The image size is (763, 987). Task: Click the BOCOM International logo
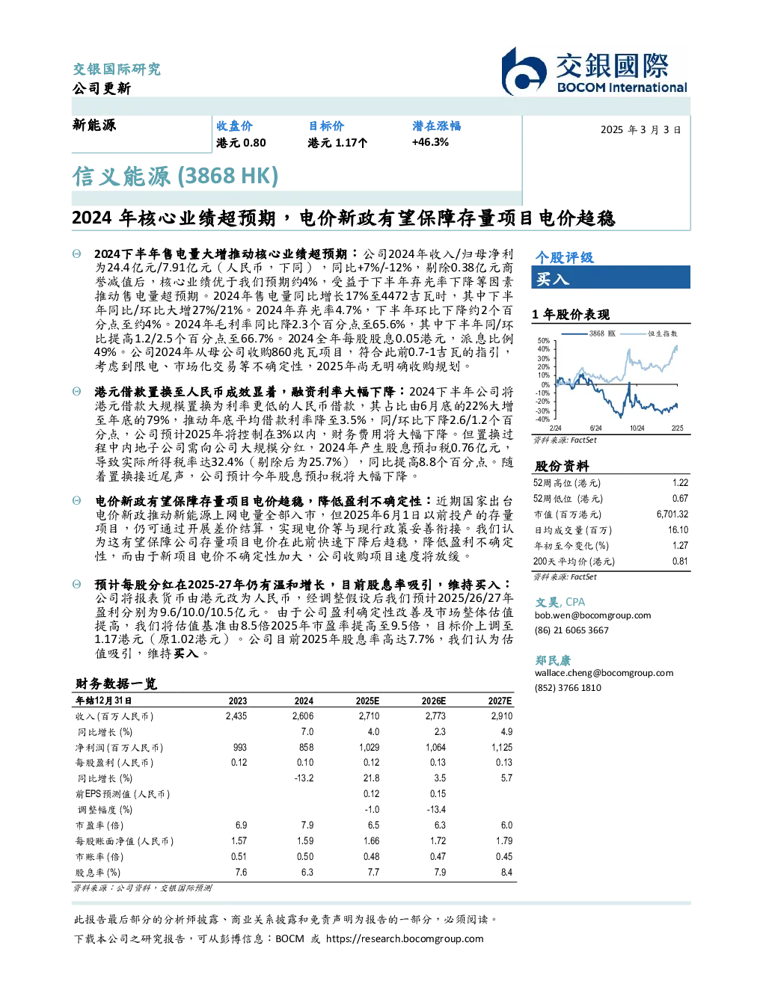tap(594, 71)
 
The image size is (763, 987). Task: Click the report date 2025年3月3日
tap(640, 130)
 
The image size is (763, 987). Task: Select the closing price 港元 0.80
tap(241, 143)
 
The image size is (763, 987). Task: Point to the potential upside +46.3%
tap(430, 143)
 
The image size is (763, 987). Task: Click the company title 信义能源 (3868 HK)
tap(175, 176)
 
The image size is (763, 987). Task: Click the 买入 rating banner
tap(610, 277)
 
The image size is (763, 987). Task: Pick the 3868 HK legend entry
tap(589, 333)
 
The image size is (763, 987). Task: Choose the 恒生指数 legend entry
tap(649, 333)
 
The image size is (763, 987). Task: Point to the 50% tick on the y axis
tap(544, 341)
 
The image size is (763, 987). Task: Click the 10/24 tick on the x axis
tap(637, 428)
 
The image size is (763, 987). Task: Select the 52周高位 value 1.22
tap(680, 483)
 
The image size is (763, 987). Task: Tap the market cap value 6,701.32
tap(672, 514)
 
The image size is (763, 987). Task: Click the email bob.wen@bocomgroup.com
tap(592, 615)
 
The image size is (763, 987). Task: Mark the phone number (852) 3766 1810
tap(568, 688)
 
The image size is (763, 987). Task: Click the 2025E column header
tap(367, 701)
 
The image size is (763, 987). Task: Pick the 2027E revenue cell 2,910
tap(502, 716)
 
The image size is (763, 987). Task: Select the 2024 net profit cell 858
tap(306, 748)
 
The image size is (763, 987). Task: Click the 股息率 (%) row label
tap(98, 873)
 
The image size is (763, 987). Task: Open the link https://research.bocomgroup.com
tap(405, 939)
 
